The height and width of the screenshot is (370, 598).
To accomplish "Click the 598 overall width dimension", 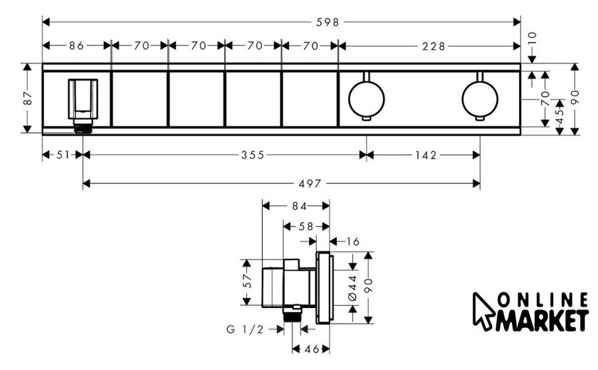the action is [x=327, y=23].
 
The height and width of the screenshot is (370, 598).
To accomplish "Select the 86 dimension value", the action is [x=76, y=46].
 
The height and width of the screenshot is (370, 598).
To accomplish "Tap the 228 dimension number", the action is [x=434, y=46].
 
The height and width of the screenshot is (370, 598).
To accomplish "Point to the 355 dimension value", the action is [x=253, y=155].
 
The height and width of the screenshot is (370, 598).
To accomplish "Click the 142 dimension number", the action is [x=426, y=155].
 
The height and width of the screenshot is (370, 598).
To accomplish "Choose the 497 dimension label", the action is [x=310, y=184].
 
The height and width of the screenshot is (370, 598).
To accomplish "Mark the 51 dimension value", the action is [x=63, y=155].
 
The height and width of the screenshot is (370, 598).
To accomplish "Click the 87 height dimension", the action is [x=28, y=98].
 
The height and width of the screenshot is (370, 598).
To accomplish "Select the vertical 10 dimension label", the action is [x=533, y=38].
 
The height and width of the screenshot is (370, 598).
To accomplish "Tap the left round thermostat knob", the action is [x=366, y=98].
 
